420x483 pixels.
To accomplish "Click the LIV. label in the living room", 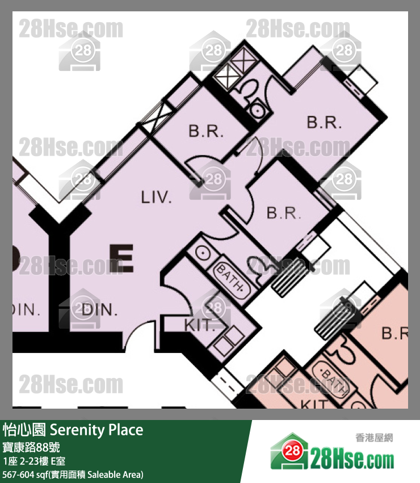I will (x=156, y=198).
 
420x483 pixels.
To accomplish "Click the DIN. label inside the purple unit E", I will (x=99, y=310).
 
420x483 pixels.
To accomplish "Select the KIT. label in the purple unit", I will (x=200, y=325).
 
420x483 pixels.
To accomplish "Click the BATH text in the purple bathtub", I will (x=231, y=279).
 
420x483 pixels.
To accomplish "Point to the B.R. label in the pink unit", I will (x=395, y=334).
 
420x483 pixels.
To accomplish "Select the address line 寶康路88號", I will (x=35, y=446).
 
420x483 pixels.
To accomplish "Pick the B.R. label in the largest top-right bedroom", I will (x=324, y=123).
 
